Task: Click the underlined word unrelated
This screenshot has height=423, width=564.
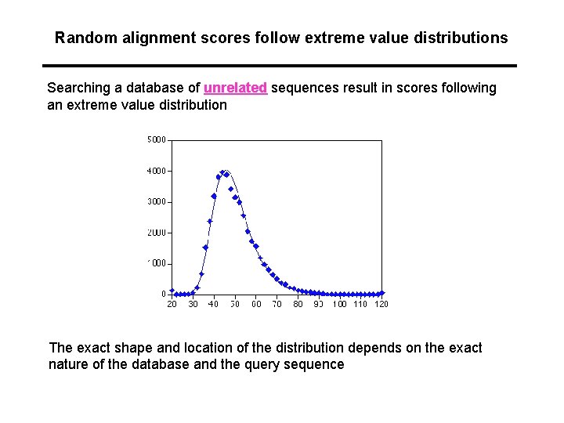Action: point(235,88)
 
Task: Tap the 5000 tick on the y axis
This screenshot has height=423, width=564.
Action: point(156,140)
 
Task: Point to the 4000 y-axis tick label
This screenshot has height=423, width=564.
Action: point(156,171)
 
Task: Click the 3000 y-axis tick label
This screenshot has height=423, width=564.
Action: point(156,201)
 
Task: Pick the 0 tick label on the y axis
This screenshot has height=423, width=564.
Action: point(164,294)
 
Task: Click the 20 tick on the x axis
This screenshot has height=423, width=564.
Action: point(172,304)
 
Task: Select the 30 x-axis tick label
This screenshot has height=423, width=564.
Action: point(193,304)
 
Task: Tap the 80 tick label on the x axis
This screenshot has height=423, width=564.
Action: point(298,304)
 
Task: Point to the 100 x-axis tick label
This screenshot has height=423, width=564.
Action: point(339,304)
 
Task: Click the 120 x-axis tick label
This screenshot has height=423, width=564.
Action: point(381,304)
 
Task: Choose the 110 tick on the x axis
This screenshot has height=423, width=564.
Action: point(360,304)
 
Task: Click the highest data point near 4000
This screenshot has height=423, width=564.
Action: point(223,172)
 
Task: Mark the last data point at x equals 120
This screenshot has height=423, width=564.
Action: point(381,293)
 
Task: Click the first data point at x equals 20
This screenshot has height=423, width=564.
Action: point(172,291)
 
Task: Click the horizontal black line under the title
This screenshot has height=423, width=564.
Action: point(280,65)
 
